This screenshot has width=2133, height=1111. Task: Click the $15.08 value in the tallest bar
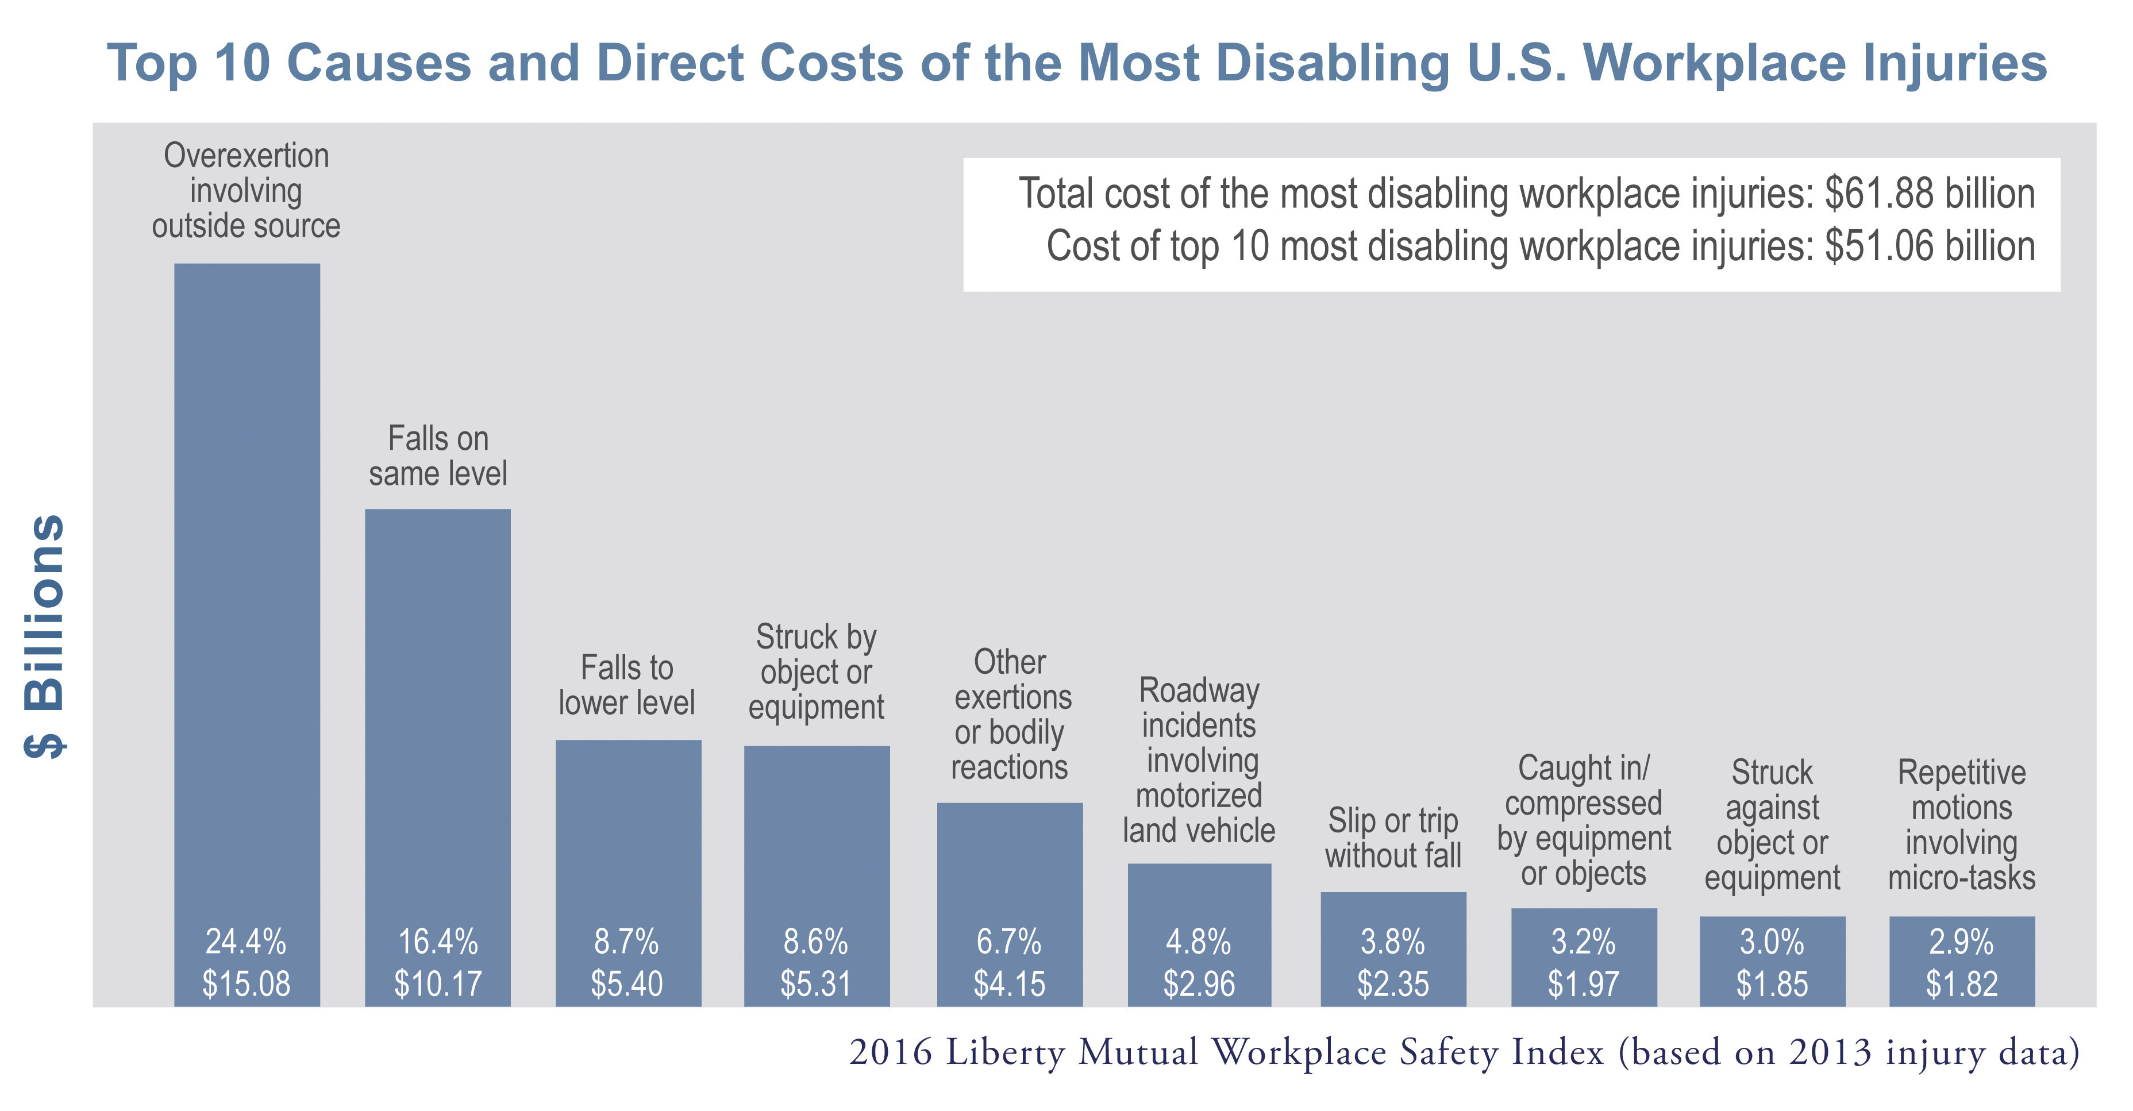tap(246, 983)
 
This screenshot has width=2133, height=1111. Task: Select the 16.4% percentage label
tap(437, 942)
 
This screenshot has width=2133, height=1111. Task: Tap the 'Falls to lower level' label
tap(627, 685)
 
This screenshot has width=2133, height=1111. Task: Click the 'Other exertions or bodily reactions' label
tap(1010, 715)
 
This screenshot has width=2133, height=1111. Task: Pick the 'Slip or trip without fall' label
tap(1393, 838)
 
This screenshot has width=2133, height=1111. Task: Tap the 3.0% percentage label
tap(1772, 942)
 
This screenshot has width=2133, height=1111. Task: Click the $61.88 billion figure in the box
tap(1930, 194)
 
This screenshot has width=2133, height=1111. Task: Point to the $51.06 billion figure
tap(1930, 246)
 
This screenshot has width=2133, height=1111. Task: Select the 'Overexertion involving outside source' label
tap(246, 190)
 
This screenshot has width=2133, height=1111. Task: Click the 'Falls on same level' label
tap(437, 456)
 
